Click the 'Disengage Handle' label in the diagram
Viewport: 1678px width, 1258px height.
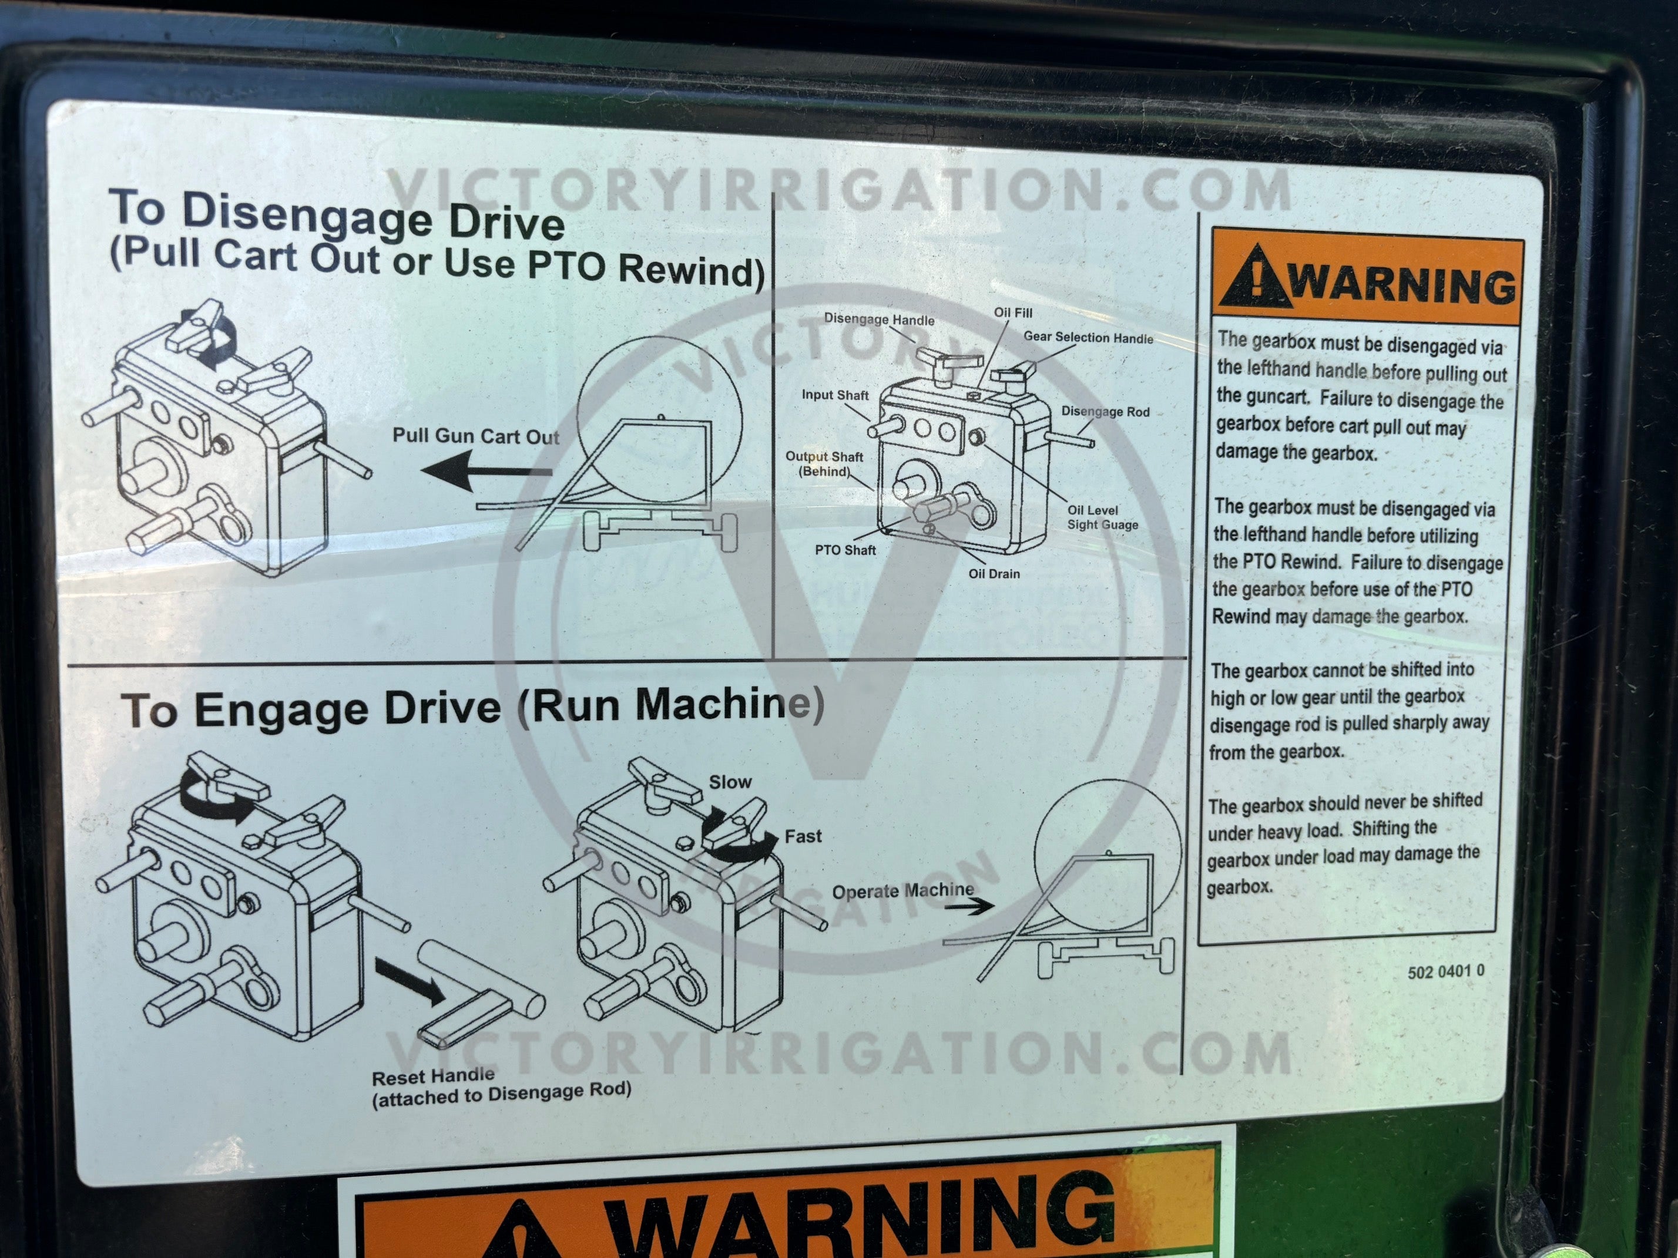(x=879, y=320)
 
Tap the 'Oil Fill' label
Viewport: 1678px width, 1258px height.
(x=1013, y=312)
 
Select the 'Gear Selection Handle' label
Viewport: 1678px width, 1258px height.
(x=1088, y=338)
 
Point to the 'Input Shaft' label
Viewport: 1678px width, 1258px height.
(x=835, y=395)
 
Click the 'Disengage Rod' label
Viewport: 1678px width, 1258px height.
(x=1105, y=412)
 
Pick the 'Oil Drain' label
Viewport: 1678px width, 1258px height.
(x=994, y=573)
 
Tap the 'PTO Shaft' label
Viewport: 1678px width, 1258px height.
(x=845, y=550)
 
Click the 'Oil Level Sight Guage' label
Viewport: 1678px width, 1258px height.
(x=1102, y=517)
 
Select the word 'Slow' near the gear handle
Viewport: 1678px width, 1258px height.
(x=730, y=782)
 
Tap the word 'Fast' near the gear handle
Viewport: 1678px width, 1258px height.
(x=803, y=836)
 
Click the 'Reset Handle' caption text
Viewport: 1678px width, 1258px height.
(x=433, y=1075)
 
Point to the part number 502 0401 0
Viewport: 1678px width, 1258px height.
(x=1446, y=971)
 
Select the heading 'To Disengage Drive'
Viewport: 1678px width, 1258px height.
(x=337, y=214)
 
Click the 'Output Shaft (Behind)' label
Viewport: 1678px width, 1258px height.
(x=824, y=463)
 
